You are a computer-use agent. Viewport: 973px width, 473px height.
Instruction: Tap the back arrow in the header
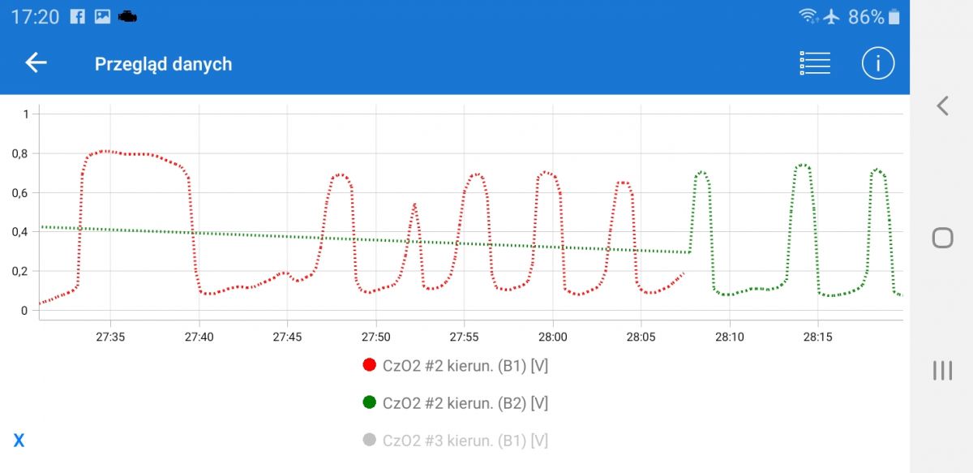[x=36, y=63]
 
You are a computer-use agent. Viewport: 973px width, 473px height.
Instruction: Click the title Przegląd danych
[x=163, y=64]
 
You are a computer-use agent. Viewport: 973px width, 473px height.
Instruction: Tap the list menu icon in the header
[x=815, y=63]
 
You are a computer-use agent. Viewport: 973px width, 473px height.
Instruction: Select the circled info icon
[x=877, y=63]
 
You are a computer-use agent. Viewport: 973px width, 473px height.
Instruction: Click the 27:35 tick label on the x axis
[x=109, y=336]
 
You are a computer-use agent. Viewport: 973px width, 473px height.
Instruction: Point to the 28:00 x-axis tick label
[x=552, y=336]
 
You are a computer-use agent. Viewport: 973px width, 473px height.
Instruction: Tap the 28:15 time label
[x=817, y=336]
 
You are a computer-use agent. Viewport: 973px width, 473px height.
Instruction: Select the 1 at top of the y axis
[x=25, y=114]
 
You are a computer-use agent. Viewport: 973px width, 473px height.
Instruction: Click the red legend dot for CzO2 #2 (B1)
[x=370, y=366]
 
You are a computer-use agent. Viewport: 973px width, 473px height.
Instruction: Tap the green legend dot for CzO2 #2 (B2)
[x=370, y=402]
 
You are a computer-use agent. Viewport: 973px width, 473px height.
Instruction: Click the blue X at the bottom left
[x=19, y=441]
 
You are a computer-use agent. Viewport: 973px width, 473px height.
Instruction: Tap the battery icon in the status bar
[x=894, y=16]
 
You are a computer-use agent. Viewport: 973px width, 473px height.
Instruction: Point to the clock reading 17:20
[x=35, y=16]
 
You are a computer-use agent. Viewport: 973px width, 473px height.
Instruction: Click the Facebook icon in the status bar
[x=77, y=16]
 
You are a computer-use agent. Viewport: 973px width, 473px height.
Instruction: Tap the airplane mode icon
[x=832, y=16]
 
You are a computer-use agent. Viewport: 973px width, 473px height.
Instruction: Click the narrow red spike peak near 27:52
[x=414, y=205]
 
